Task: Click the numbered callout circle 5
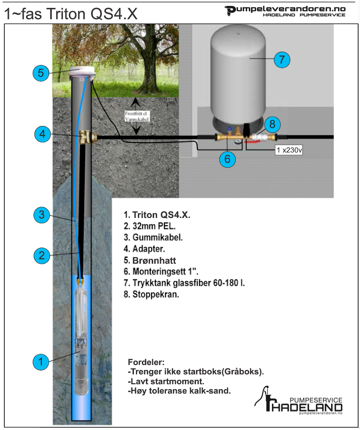point(41,73)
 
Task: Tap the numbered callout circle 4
point(43,134)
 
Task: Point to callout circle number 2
point(42,255)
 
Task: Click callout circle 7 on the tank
point(281,60)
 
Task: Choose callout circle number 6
point(227,158)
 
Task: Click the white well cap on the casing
point(82,73)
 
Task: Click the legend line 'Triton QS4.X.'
point(157,215)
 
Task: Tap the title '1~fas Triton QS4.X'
point(70,14)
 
